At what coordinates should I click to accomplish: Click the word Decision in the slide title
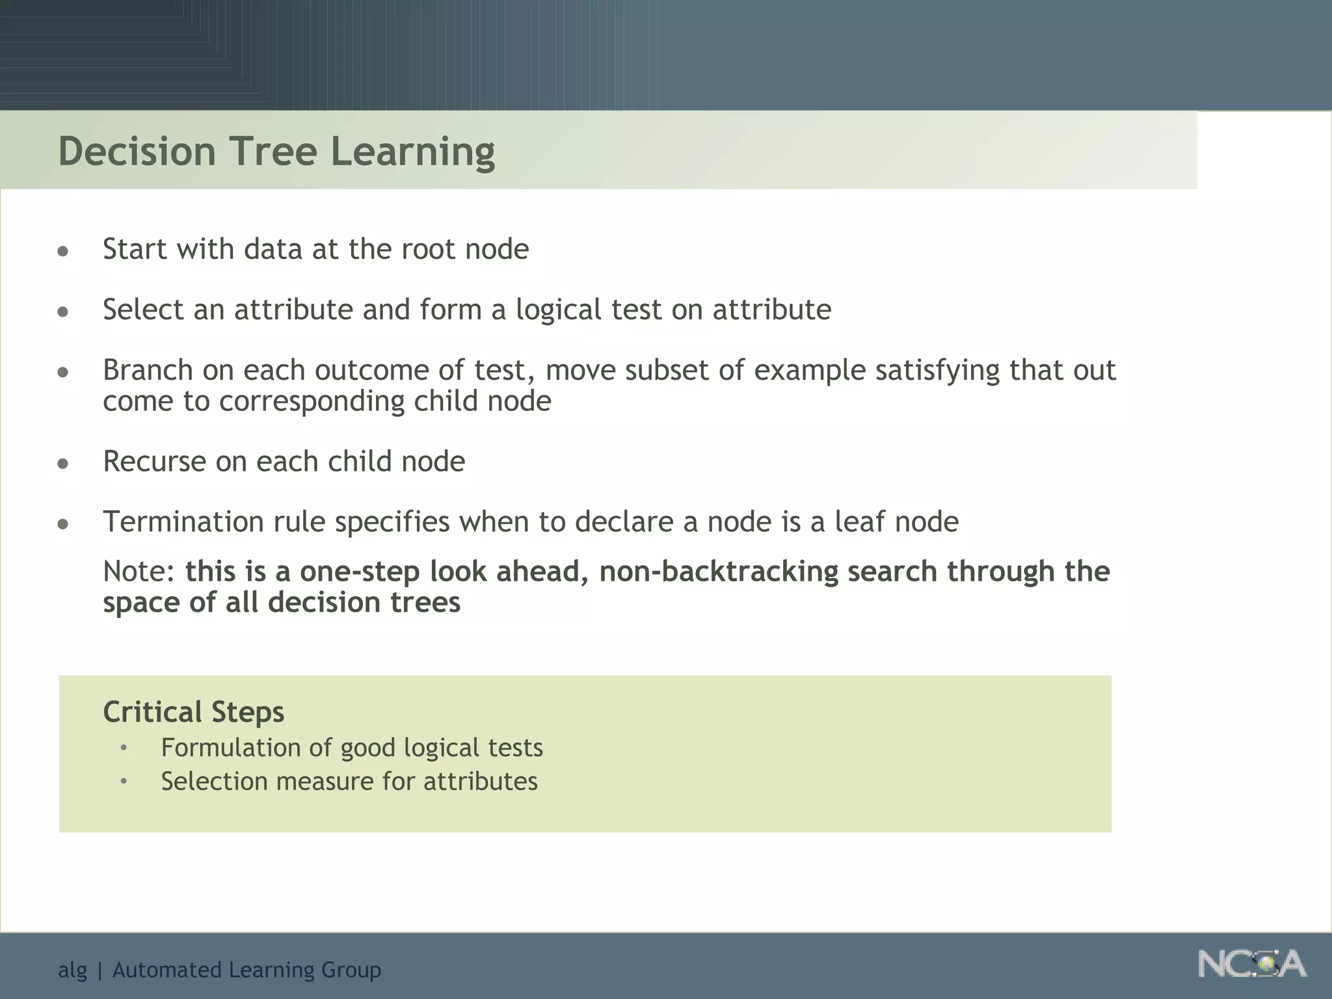pyautogui.click(x=137, y=151)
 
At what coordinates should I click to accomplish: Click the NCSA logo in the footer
pyautogui.click(x=1251, y=965)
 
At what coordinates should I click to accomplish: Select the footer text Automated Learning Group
pyautogui.click(x=246, y=970)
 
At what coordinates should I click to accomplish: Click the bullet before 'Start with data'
pyautogui.click(x=63, y=252)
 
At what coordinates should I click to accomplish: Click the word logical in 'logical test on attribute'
pyautogui.click(x=558, y=310)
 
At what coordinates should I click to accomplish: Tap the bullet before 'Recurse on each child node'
pyautogui.click(x=63, y=464)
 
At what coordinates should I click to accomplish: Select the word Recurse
pyautogui.click(x=154, y=461)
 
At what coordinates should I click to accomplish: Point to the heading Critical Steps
pyautogui.click(x=193, y=712)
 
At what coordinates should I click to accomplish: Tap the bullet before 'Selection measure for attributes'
pyautogui.click(x=124, y=781)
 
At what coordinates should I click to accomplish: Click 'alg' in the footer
pyautogui.click(x=72, y=970)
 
